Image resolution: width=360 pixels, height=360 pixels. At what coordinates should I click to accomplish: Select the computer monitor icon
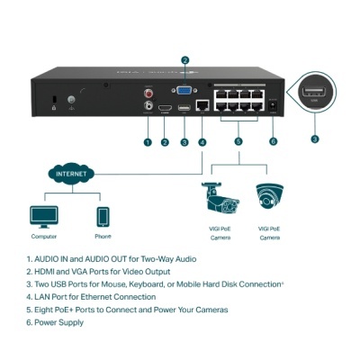tap(43, 216)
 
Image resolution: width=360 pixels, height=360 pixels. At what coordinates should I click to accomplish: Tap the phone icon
tap(102, 217)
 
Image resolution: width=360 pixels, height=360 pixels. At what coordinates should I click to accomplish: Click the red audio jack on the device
tap(148, 92)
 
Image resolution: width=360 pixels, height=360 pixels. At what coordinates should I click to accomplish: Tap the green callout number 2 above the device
tap(184, 61)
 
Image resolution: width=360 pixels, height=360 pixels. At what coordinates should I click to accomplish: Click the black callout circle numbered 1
tap(147, 141)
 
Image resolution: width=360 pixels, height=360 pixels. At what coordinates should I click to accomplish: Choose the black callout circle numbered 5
tap(238, 141)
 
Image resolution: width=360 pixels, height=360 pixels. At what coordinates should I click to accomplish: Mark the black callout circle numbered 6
tap(273, 141)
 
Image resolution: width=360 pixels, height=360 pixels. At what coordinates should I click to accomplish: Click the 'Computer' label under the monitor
tap(43, 238)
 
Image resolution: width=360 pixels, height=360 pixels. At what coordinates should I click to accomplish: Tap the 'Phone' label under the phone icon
tap(102, 238)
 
